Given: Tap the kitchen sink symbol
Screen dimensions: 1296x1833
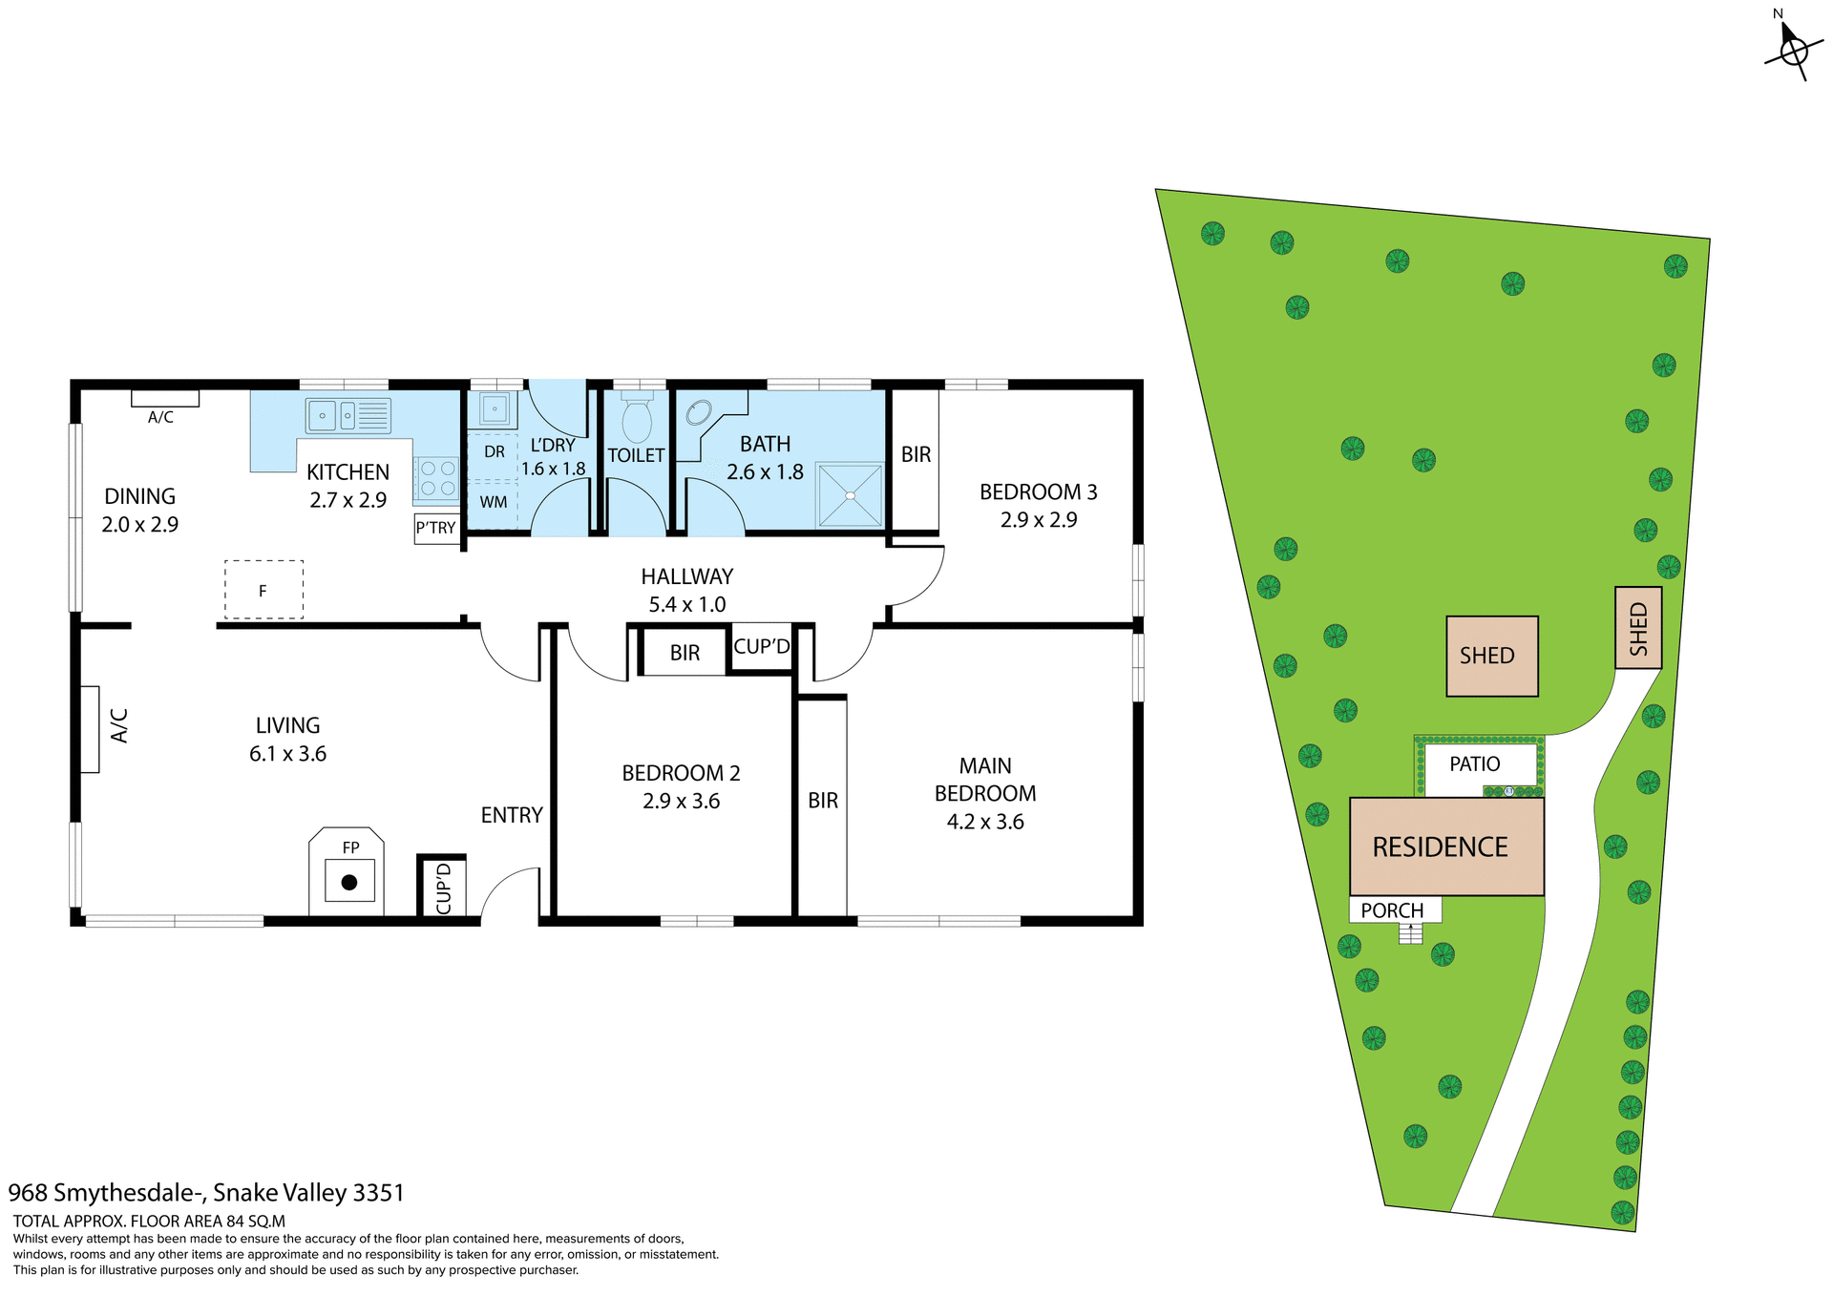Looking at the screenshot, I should coord(348,416).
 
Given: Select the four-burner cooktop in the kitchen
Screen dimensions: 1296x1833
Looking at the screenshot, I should coord(437,478).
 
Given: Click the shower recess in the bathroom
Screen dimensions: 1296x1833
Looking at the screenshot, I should coord(850,494).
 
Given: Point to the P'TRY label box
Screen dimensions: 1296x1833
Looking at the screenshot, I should coord(436,528).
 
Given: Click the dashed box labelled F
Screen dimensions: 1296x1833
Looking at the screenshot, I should coord(263,590).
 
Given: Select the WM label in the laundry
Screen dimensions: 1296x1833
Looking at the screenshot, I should coord(494,502).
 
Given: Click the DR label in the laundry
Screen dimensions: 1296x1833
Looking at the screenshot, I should coord(494,451).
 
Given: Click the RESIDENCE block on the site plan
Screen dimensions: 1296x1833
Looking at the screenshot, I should coord(1445,847).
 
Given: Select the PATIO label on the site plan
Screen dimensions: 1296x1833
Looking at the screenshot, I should coord(1474,763).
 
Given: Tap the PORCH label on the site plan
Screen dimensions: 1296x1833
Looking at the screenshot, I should coord(1392,909).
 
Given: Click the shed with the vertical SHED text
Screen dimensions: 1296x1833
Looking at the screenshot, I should coord(1638,628).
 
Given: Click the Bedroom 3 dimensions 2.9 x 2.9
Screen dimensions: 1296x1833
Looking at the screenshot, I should coord(1038,520).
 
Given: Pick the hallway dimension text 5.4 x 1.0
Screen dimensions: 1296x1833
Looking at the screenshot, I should coord(686,604).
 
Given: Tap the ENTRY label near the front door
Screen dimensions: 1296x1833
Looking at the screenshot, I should coord(512,815).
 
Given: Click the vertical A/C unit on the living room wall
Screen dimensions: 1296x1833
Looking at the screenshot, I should coord(91,728).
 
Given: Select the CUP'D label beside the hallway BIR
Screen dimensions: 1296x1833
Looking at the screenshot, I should coord(761,647).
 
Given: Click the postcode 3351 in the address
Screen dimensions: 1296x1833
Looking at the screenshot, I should coord(378,1193).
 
